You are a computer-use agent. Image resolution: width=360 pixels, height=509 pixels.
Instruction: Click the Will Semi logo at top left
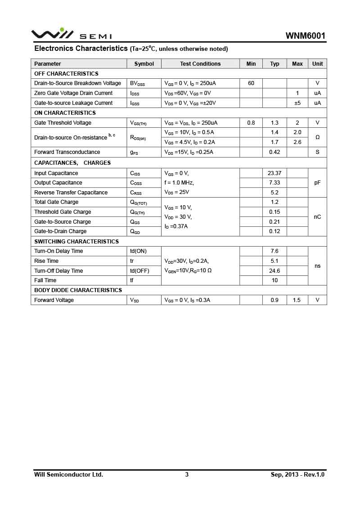click(71, 34)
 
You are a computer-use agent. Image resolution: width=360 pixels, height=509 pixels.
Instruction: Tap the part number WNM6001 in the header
click(305, 36)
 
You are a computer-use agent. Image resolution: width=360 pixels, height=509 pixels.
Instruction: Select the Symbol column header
click(144, 64)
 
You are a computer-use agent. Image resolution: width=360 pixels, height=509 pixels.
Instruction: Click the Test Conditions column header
click(200, 64)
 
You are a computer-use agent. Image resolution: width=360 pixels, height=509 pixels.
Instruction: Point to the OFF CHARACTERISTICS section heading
click(66, 73)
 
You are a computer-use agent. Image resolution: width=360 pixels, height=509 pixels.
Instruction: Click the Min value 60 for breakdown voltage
click(251, 83)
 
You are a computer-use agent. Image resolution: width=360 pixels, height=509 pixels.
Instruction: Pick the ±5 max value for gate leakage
click(297, 103)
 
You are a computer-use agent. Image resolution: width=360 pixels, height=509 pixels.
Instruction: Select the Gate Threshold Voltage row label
click(63, 123)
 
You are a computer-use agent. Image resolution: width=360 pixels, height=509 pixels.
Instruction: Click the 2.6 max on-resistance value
click(297, 142)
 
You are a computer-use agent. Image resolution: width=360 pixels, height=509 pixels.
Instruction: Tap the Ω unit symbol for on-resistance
click(317, 137)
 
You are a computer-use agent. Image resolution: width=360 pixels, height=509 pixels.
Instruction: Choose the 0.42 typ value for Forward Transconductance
click(274, 152)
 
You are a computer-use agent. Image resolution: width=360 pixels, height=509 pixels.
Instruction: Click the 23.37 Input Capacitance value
click(274, 173)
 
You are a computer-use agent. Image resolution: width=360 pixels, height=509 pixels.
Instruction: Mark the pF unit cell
click(317, 183)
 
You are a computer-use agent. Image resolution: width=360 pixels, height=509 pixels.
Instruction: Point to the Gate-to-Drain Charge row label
click(60, 231)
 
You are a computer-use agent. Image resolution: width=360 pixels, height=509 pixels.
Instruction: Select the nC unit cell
click(317, 217)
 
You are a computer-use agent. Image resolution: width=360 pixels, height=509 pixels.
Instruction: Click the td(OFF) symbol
click(139, 271)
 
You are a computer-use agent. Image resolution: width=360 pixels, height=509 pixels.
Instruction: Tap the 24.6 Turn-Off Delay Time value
click(274, 271)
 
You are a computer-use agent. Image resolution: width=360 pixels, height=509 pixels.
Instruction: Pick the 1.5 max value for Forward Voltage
click(297, 300)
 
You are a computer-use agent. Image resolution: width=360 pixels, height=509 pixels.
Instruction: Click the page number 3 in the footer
click(187, 474)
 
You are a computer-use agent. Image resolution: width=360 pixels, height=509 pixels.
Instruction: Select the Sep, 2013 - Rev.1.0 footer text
click(297, 474)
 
